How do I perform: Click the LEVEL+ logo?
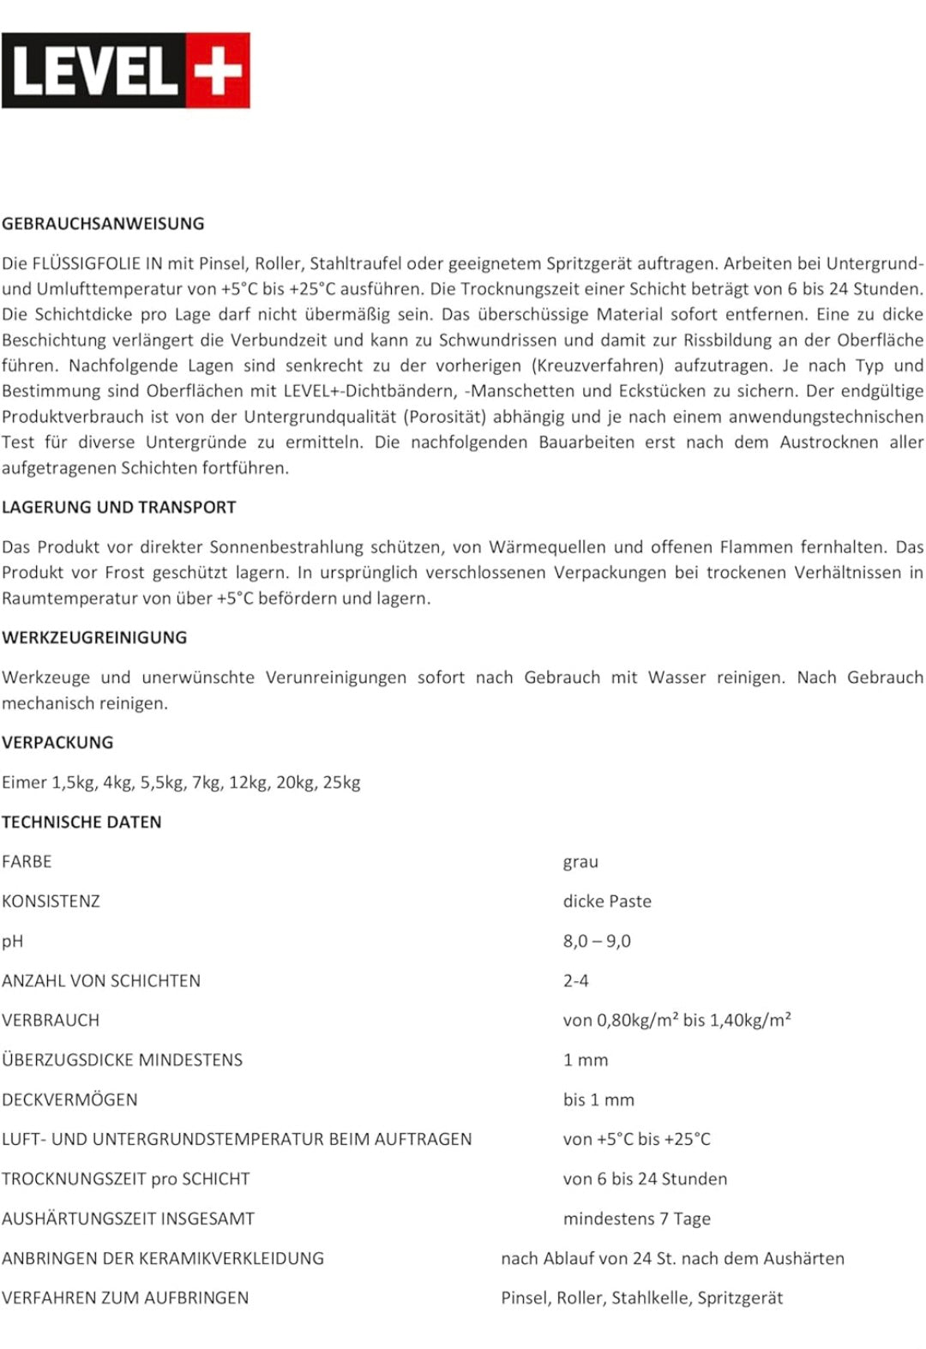pos(126,70)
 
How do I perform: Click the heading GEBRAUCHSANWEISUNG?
pos(103,224)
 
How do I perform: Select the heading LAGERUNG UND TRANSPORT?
pos(118,508)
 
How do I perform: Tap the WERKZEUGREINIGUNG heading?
pos(94,638)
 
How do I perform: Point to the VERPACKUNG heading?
pos(57,743)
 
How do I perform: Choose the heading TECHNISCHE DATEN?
pos(81,822)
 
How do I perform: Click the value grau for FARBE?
pos(580,862)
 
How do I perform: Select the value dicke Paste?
pos(607,901)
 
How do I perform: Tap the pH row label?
pos(12,942)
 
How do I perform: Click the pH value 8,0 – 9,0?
pos(597,942)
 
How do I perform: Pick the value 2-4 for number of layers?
pos(575,981)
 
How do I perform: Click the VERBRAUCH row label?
pos(51,1021)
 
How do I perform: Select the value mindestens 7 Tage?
pos(636,1219)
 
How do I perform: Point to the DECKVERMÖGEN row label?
pos(69,1100)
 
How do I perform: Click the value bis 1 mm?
pos(598,1100)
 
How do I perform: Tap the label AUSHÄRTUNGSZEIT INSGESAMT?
pos(128,1219)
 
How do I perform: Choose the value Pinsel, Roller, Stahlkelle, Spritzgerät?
pos(641,1298)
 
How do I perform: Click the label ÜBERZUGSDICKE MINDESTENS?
pos(122,1060)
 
